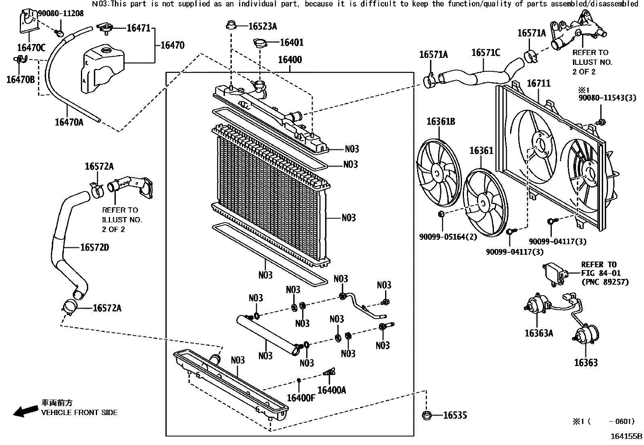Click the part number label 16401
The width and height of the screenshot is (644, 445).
click(x=291, y=43)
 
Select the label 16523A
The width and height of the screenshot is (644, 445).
click(x=262, y=27)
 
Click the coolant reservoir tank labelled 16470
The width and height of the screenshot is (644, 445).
click(x=102, y=69)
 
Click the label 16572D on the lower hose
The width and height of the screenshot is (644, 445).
click(x=94, y=247)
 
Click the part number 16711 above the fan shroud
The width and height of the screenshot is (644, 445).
click(x=538, y=83)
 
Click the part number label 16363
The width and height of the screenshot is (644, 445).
click(x=585, y=362)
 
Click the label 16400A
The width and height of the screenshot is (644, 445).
click(x=332, y=390)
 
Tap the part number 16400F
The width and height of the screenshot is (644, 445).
click(x=301, y=398)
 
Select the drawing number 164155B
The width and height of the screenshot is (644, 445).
click(x=626, y=436)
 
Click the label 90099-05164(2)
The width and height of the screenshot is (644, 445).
click(x=448, y=237)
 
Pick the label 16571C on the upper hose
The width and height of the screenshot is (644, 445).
click(x=485, y=53)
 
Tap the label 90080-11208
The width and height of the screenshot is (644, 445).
click(x=61, y=13)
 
